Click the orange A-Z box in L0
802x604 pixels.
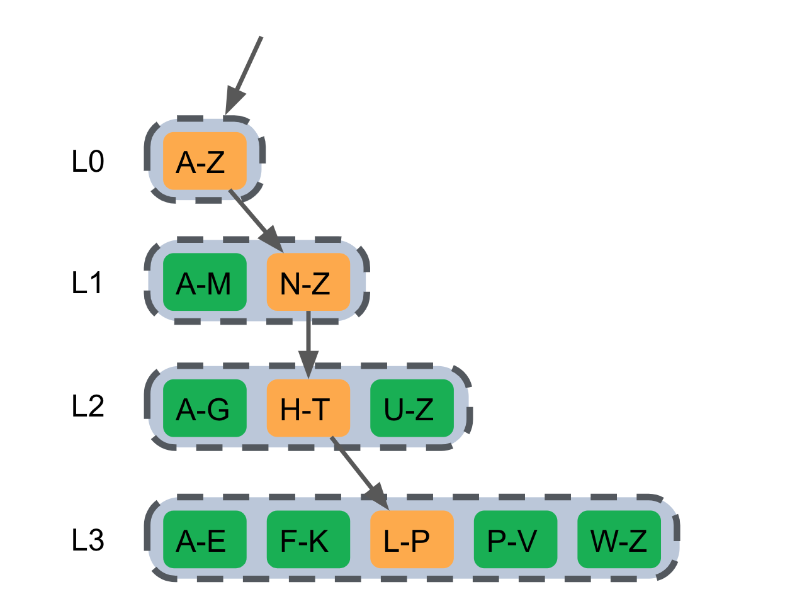coord(204,161)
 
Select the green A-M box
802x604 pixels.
coord(204,282)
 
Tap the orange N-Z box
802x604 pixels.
coord(308,282)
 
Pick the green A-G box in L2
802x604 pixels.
coord(204,408)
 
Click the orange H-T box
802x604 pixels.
coord(308,408)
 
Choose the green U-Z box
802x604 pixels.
coord(412,408)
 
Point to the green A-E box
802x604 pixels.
coord(204,540)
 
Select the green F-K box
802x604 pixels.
coord(308,540)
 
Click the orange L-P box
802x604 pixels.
coord(412,540)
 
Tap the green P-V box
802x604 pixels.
coord(515,540)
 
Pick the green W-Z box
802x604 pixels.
coord(619,540)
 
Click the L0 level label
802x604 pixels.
coord(88,162)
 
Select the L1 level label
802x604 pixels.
coord(88,283)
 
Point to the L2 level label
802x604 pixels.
coord(88,406)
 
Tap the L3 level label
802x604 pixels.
coord(88,540)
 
